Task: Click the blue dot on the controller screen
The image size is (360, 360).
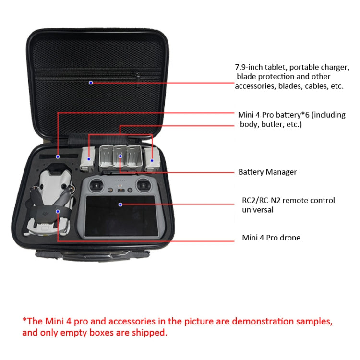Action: coord(120,204)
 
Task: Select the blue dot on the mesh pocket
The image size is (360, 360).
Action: coord(91,83)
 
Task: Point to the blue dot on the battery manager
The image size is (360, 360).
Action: coord(120,156)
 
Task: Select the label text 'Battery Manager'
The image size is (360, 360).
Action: coord(267,172)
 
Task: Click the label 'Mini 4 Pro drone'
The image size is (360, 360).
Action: coord(271,238)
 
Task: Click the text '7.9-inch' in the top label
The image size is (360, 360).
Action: coord(248,68)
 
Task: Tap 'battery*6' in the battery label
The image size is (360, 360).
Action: coord(296,115)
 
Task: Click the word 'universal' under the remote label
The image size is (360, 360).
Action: coord(257,210)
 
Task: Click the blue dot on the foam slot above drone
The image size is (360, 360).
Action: coord(57,156)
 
